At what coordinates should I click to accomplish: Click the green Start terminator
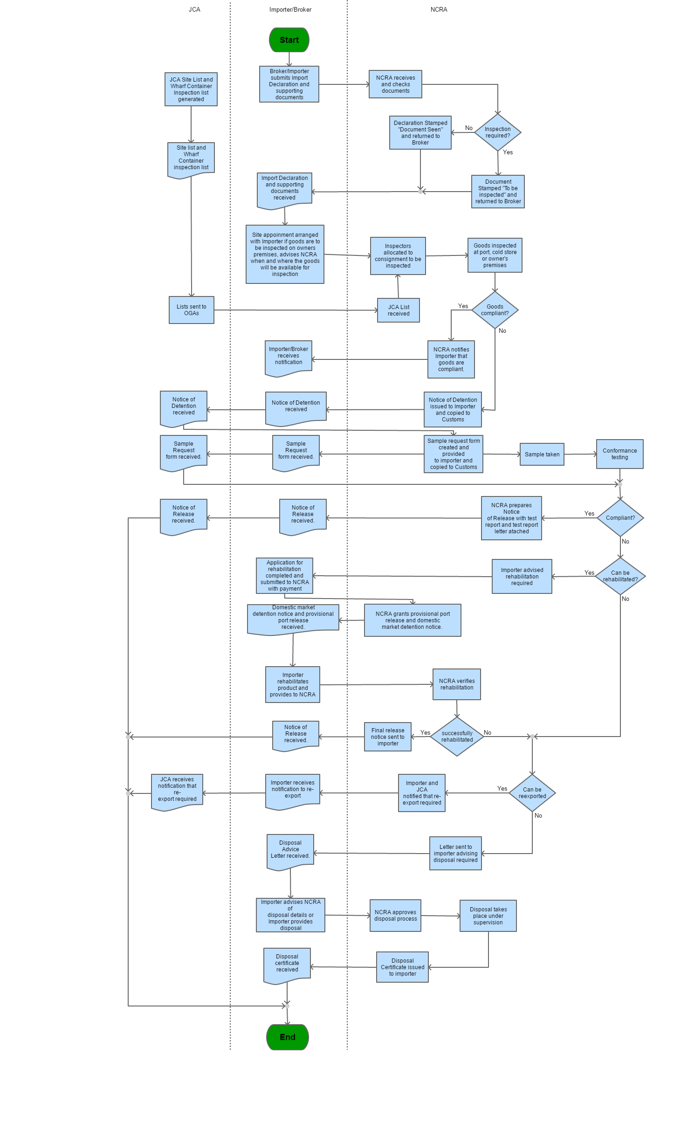pos(289,40)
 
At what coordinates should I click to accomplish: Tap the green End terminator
pos(288,1037)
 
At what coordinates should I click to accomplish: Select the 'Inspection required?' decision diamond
pos(497,132)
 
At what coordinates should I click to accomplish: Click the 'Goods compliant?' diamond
pos(495,310)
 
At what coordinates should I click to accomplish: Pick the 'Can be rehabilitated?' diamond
pos(620,576)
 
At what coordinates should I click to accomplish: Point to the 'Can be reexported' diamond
pos(532,792)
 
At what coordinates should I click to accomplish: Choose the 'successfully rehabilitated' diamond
pos(457,736)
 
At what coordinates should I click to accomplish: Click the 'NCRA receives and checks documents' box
pos(395,84)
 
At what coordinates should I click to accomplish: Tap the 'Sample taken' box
pos(542,454)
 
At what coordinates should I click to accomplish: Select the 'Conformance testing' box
pos(619,454)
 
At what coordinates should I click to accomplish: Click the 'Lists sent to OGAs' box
pos(191,310)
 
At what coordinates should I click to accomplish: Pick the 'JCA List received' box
pos(399,310)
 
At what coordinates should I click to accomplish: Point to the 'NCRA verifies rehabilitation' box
pos(456,684)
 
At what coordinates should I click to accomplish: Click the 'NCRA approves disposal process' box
pos(395,916)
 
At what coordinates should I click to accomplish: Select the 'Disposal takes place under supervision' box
pos(488,916)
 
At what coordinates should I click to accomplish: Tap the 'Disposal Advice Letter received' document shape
pos(290,850)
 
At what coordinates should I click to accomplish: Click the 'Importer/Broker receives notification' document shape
pos(289,357)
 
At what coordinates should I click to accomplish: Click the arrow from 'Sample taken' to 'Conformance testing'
pos(580,454)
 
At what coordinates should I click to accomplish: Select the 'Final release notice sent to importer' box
pos(387,737)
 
